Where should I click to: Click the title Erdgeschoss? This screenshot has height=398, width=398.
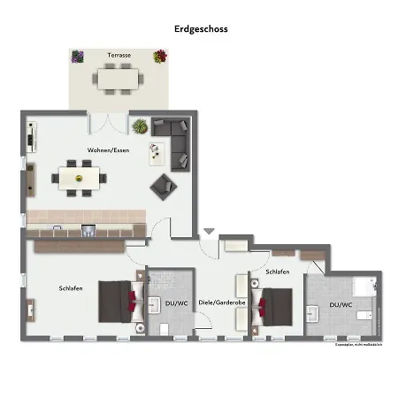point(201,28)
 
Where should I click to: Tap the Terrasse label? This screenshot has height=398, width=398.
point(119,56)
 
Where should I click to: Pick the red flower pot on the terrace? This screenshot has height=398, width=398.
point(160,57)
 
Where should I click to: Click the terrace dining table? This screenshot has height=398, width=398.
point(119,78)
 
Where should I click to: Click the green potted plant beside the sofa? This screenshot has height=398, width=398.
point(140,126)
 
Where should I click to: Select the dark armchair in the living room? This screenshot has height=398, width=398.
point(163,185)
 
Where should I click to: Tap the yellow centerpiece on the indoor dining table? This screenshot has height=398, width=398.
point(79,177)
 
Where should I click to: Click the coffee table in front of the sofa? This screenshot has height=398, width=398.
point(157,153)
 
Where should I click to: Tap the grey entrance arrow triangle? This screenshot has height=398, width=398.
point(208,232)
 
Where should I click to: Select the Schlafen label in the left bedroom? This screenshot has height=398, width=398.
point(71,288)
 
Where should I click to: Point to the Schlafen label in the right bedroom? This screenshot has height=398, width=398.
point(277,272)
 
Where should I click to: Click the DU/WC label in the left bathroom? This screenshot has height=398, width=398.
point(176,303)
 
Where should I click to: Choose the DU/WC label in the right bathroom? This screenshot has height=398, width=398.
point(341,304)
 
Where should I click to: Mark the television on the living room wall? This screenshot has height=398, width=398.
point(30,139)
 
